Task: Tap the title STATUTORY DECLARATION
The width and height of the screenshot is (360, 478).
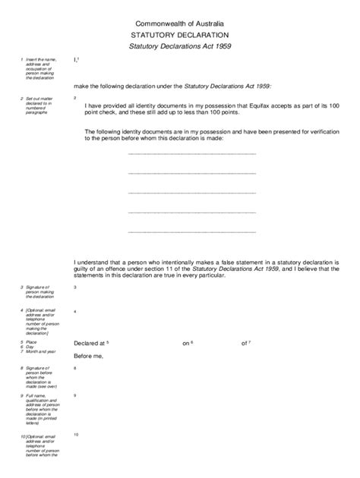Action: click(x=179, y=35)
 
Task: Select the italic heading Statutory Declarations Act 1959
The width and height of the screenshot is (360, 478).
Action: click(x=179, y=47)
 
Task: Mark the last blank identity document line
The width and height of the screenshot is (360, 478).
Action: click(x=192, y=231)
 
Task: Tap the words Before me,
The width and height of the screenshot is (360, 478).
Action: click(x=88, y=356)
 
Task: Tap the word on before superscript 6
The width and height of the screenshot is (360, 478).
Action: click(x=186, y=344)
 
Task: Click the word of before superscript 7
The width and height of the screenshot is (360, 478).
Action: click(x=245, y=344)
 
